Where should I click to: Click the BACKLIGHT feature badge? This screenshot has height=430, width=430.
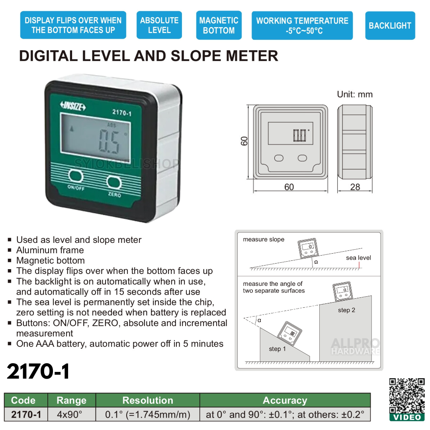(x=390, y=25)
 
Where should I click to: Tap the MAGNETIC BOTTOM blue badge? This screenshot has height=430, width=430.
(x=219, y=25)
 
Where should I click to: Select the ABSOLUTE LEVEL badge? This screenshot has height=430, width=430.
(x=159, y=25)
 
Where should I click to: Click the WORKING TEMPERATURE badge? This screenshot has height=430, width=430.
(x=302, y=25)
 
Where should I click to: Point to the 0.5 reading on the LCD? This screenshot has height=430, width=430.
(x=109, y=142)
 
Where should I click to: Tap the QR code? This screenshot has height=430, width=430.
(x=407, y=396)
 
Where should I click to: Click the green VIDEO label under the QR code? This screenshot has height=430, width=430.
(x=407, y=417)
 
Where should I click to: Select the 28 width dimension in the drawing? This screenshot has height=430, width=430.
(x=355, y=187)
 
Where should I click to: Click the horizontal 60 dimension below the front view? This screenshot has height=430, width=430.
(x=289, y=187)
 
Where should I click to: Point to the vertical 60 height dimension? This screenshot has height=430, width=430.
(x=244, y=141)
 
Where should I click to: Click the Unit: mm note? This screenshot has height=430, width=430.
(x=354, y=94)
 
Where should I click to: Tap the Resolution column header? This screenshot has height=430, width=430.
(x=148, y=400)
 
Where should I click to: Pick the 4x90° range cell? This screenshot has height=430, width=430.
(x=71, y=414)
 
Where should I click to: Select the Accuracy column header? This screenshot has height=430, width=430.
(x=285, y=400)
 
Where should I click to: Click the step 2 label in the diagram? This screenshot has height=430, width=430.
(x=346, y=310)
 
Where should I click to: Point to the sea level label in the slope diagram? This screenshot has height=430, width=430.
(x=358, y=258)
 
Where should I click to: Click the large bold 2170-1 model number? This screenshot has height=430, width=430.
(x=39, y=371)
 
